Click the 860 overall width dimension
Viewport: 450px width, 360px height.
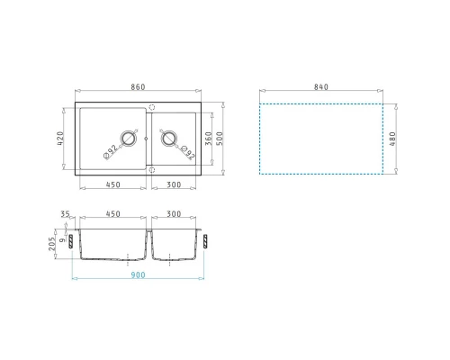138,87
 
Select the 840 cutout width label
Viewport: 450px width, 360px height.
321,87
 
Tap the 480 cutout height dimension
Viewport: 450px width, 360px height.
392,139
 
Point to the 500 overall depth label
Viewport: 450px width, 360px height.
220,139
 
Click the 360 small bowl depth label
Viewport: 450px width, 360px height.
209,139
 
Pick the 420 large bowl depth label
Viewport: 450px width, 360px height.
60,139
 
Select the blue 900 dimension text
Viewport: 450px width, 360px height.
138,274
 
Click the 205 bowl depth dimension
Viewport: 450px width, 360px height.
52,244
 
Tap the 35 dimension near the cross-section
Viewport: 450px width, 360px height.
65,214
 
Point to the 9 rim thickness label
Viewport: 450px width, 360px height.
63,239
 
